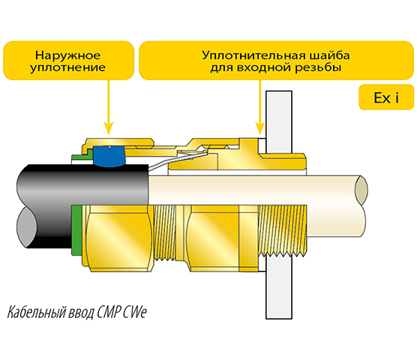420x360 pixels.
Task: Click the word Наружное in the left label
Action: [67, 55]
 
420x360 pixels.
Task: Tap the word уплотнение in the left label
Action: [67, 67]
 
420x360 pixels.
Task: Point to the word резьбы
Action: [318, 67]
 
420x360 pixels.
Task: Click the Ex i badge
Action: [386, 97]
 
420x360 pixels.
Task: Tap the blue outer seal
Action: [109, 157]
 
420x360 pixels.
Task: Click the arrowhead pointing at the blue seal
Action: [109, 128]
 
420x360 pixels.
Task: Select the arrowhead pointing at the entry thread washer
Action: [259, 128]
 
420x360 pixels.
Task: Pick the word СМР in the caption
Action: [109, 312]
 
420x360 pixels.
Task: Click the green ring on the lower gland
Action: [76, 229]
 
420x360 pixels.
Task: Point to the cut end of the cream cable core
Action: [361, 190]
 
